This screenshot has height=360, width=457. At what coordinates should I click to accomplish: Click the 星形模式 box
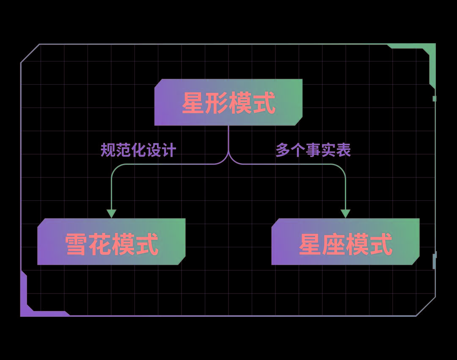click(228, 102)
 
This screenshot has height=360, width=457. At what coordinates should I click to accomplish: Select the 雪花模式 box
click(111, 242)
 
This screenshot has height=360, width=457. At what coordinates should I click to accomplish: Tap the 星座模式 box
click(345, 242)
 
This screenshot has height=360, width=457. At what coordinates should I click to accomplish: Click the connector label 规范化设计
click(138, 150)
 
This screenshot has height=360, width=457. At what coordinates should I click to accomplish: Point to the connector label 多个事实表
click(313, 150)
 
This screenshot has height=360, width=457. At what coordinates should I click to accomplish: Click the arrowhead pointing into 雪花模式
click(111, 213)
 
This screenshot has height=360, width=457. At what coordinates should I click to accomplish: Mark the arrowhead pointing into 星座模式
click(345, 213)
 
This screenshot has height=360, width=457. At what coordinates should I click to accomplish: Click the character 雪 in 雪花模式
click(76, 244)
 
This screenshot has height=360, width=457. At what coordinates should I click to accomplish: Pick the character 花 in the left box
click(100, 244)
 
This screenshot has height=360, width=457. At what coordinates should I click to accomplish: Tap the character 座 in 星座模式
click(334, 244)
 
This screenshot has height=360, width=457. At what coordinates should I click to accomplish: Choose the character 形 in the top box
click(217, 103)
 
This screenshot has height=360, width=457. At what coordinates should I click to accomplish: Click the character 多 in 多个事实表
click(283, 150)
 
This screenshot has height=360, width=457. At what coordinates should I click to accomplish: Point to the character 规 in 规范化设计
click(108, 150)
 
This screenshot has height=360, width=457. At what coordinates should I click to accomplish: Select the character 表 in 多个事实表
click(344, 150)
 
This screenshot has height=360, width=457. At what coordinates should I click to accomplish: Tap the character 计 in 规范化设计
click(169, 150)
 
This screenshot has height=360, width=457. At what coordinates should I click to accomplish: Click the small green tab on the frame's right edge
click(435, 99)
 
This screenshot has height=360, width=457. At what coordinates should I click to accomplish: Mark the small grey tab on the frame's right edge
click(435, 260)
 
